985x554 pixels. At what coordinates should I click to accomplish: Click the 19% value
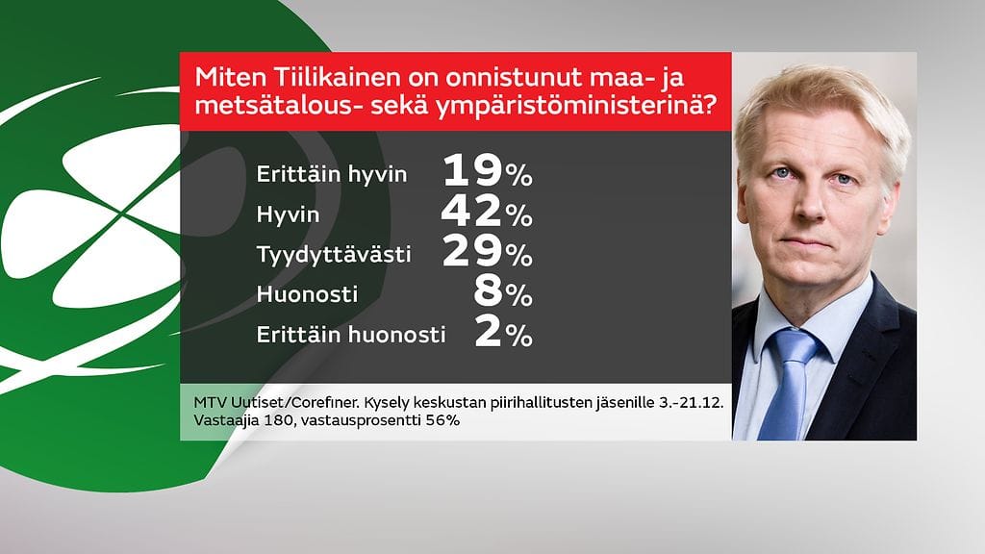[x=487, y=173]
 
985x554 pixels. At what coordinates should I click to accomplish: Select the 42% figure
[x=487, y=214]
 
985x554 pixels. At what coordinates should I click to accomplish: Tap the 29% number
[x=487, y=254]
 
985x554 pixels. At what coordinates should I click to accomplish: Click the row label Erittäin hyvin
[x=332, y=175]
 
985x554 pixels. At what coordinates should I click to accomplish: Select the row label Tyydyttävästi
[x=334, y=256]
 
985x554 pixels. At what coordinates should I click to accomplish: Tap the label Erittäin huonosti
[x=351, y=336]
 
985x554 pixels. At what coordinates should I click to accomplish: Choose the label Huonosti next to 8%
[x=307, y=295]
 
